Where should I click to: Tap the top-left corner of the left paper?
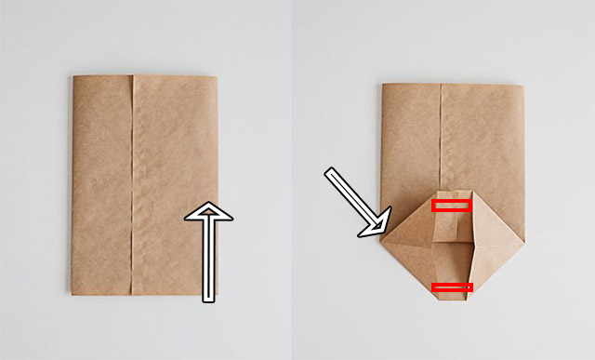[x=73, y=76]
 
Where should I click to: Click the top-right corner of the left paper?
[x=219, y=76]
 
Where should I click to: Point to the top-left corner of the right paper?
[x=383, y=85]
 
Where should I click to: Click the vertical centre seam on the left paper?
[x=134, y=186]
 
